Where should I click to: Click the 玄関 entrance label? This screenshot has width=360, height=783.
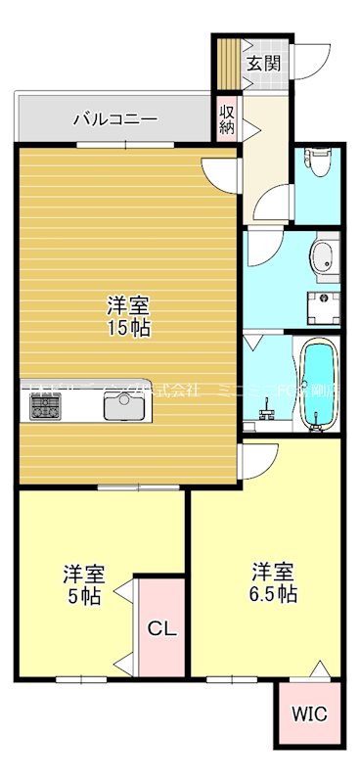click(262, 65)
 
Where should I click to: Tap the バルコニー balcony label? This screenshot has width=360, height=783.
click(114, 119)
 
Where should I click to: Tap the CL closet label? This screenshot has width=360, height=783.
click(161, 629)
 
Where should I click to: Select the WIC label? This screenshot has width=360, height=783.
click(309, 713)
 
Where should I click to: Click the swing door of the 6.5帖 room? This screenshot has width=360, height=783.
click(262, 458)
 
